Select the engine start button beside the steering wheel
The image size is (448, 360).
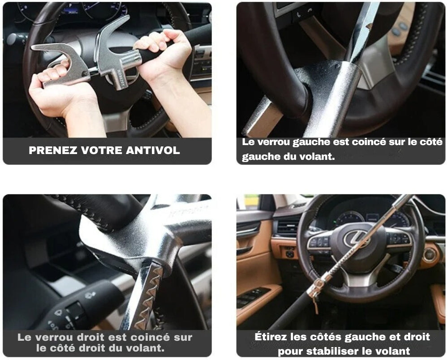coord(429,254)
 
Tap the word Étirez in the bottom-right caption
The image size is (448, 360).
coord(273,337)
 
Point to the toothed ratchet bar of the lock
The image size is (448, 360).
coord(148,296)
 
